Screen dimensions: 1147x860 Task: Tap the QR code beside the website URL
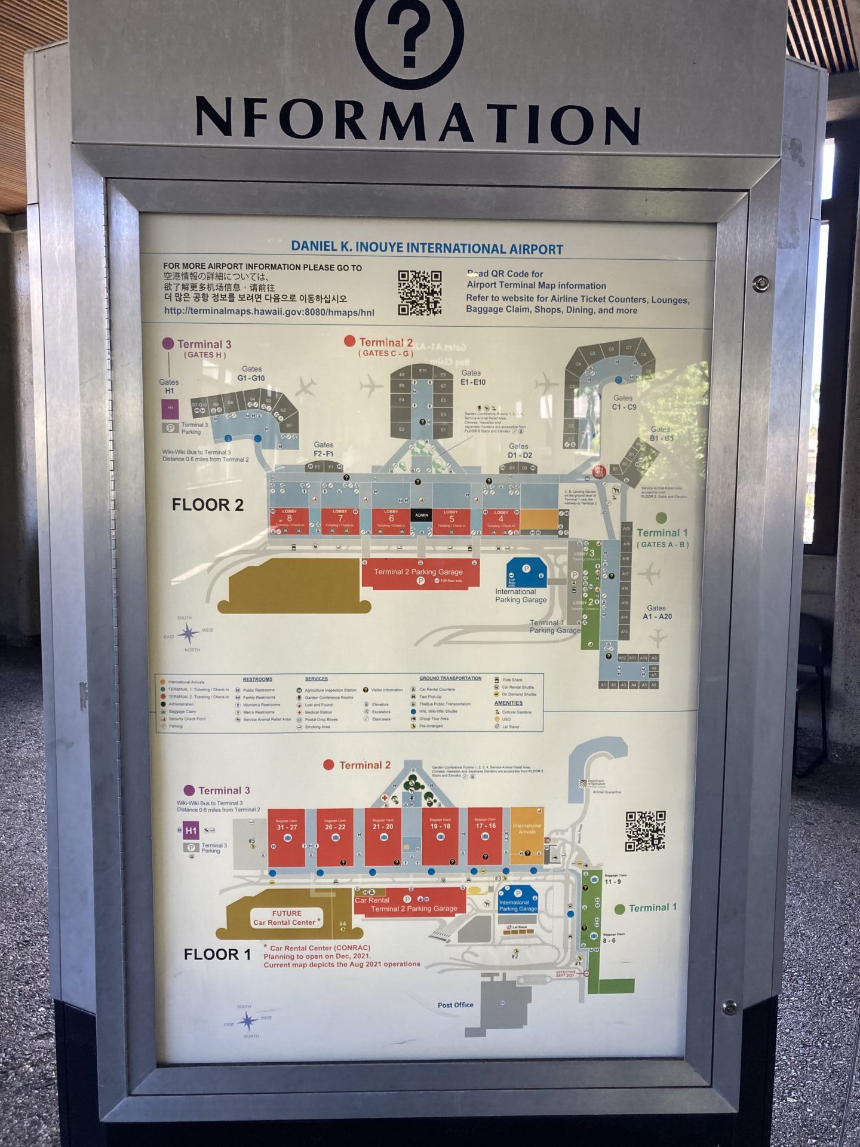point(420,293)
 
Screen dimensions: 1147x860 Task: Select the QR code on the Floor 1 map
point(645,831)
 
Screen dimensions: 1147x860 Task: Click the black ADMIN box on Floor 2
point(422,515)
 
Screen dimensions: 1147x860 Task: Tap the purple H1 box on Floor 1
point(191,830)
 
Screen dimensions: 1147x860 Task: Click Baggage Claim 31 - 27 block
point(287,838)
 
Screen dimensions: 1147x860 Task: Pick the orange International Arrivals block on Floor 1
point(527,832)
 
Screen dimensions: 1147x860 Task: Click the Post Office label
point(455,1005)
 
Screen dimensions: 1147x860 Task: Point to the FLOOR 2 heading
point(207,505)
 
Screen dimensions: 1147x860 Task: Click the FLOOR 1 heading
point(217,954)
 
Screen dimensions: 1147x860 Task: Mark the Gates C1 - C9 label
point(623,402)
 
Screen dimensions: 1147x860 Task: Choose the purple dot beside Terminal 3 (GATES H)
point(168,344)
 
